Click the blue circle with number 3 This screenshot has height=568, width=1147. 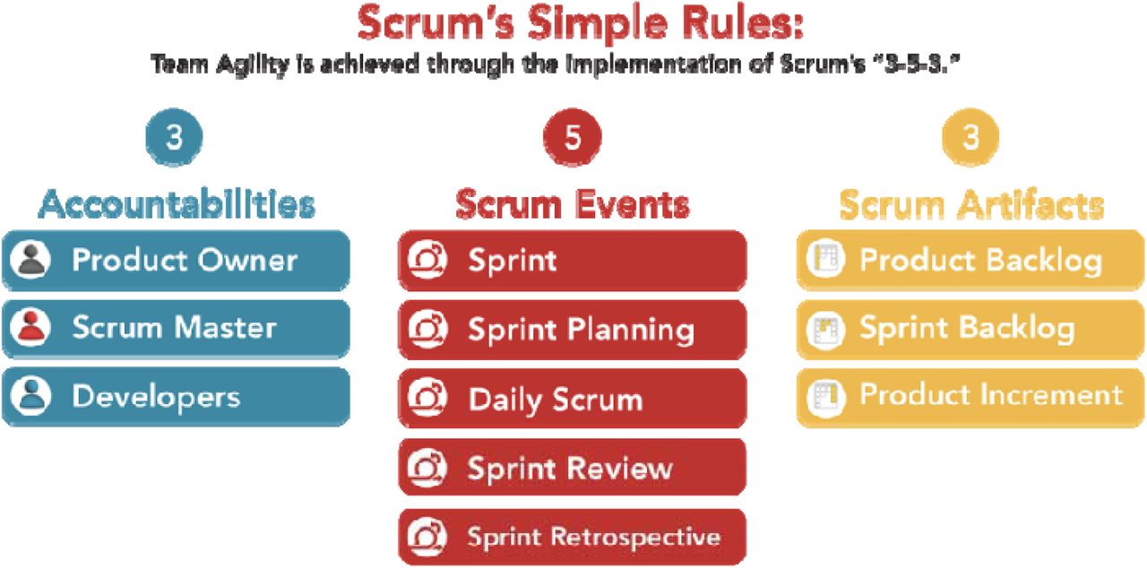[174, 137]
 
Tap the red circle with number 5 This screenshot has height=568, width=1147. [573, 137]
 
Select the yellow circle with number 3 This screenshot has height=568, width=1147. [970, 137]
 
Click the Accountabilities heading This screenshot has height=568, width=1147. [177, 204]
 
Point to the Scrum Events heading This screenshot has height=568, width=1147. [573, 204]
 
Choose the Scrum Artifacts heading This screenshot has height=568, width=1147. [971, 204]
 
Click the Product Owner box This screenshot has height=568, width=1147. [177, 261]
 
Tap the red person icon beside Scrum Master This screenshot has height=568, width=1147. [30, 328]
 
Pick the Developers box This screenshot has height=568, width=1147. [177, 397]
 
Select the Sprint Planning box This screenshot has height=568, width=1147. [573, 330]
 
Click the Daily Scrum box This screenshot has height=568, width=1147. [573, 399]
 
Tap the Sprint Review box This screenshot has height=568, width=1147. [573, 467]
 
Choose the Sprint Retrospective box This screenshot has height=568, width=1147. [573, 537]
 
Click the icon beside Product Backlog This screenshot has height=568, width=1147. [825, 259]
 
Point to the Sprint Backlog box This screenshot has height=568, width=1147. [970, 330]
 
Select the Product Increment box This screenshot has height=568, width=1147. [970, 398]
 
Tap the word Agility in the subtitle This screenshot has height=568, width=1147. [253, 65]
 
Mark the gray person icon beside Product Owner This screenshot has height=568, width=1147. [30, 260]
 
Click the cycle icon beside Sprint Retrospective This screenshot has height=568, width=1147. [427, 537]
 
